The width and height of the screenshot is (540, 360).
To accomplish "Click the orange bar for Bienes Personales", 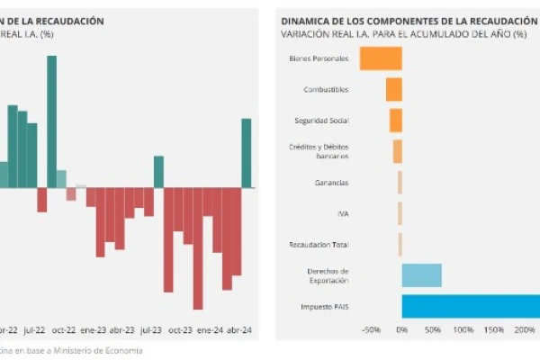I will tap(381, 58).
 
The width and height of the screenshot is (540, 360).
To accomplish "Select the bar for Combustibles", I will tap(393, 89).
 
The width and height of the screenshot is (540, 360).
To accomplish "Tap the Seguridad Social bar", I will tap(395, 121).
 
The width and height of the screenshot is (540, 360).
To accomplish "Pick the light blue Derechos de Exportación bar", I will tap(421, 275).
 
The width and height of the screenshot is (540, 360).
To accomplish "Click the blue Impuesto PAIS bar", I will tap(471, 306).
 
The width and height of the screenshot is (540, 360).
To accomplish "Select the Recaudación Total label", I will tap(319, 244).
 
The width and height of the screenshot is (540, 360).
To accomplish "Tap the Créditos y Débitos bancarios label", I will tap(319, 151).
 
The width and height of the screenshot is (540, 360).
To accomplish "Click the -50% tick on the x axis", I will tap(370, 330).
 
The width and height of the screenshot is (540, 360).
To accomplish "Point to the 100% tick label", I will tap(463, 330).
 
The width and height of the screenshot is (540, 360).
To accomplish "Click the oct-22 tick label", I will tap(63, 330).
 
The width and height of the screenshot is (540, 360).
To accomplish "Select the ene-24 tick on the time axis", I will tap(211, 330).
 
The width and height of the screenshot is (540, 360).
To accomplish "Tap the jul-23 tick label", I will tap(151, 330).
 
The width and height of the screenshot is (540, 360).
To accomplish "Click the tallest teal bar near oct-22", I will tap(51, 121).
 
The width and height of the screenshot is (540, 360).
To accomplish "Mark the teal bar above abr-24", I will tap(246, 153).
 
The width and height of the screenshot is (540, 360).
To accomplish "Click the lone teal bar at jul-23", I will tap(158, 172).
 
